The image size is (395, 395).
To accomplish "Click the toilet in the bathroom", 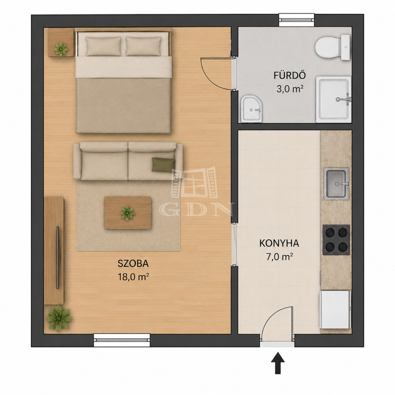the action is pos(333,47).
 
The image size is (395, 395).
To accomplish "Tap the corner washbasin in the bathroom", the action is pos(251,109).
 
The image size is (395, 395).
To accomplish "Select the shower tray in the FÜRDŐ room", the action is pos(334,100).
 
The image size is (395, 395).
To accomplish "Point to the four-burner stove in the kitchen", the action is pos(336,240).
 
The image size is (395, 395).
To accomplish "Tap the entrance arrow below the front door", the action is pos(278,363).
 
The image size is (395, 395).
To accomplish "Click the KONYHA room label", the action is pos(279,243).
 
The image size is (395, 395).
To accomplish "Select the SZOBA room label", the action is pos(133,263).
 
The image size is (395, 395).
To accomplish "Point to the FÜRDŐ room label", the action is pos(290,75).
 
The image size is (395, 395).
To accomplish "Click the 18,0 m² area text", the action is pos(133,277).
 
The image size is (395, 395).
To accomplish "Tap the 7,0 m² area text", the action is pos(279,257).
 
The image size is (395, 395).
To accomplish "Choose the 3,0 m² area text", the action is pos(290,89).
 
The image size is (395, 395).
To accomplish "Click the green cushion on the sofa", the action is pos(163,165).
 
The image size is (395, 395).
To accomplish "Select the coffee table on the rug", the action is pos(128,213).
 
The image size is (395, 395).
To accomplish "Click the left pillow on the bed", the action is pos(103,46).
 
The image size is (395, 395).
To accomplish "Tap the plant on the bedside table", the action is pos(61,49).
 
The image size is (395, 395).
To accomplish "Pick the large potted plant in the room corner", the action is pos(59,318).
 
